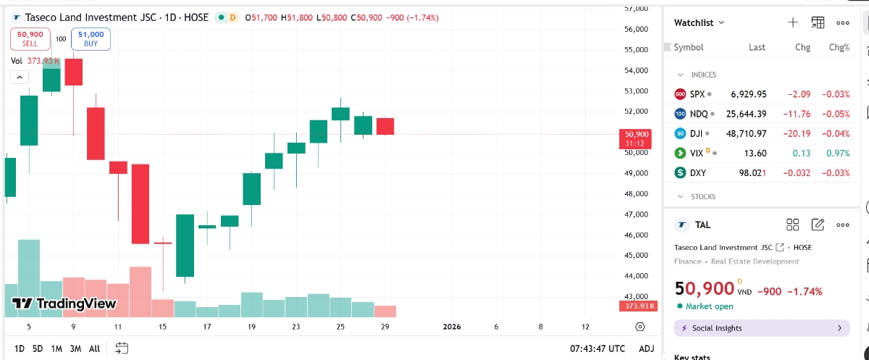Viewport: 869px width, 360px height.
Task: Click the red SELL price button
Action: (x=30, y=38)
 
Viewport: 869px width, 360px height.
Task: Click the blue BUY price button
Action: (x=91, y=38)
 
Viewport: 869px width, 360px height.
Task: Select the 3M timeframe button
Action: (x=75, y=348)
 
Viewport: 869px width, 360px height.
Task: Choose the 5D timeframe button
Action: (x=38, y=348)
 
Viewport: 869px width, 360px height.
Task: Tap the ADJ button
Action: (x=646, y=348)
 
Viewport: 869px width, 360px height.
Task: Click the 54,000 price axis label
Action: (x=636, y=70)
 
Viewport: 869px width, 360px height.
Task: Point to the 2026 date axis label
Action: (x=451, y=327)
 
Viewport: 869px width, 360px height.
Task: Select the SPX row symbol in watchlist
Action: (x=697, y=94)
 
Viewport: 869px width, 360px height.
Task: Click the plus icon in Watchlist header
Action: (x=793, y=22)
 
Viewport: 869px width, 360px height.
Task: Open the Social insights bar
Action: (x=762, y=328)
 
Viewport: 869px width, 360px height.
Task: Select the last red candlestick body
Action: (x=385, y=126)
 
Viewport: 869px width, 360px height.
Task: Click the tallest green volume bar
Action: (x=28, y=277)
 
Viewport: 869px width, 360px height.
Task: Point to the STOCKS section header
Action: (x=702, y=196)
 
